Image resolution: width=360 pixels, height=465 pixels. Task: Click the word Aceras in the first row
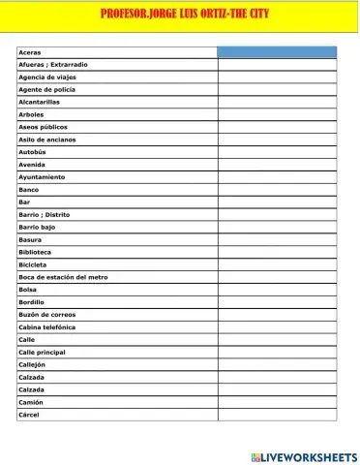click(x=30, y=52)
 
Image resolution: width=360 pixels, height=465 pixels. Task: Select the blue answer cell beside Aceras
click(x=277, y=52)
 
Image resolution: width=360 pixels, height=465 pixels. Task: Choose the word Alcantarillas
click(x=40, y=102)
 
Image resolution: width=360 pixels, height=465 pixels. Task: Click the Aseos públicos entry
click(x=44, y=127)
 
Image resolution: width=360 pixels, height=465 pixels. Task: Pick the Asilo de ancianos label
click(x=47, y=139)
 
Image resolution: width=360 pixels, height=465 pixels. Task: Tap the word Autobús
click(x=33, y=152)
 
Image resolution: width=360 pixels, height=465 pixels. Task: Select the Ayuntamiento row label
click(x=42, y=177)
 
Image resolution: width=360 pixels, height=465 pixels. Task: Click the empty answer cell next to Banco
click(x=277, y=190)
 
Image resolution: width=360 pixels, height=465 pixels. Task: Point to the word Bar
click(x=24, y=201)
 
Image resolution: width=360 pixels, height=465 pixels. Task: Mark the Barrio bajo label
click(x=37, y=227)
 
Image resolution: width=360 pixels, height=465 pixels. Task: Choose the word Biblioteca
click(x=37, y=252)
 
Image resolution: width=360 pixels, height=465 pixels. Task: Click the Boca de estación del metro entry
click(x=63, y=277)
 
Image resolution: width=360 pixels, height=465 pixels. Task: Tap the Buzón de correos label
click(x=46, y=315)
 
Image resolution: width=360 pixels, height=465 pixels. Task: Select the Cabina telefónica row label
click(x=47, y=327)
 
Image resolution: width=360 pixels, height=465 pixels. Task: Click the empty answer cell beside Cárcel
click(x=277, y=415)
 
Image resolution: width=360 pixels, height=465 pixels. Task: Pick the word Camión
click(x=31, y=402)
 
